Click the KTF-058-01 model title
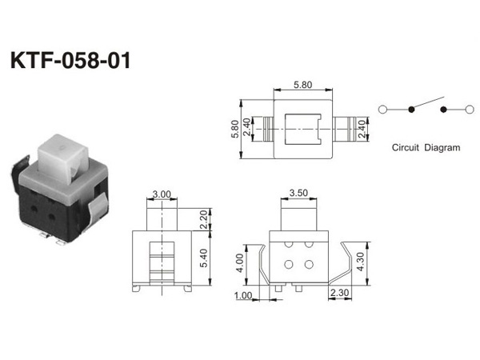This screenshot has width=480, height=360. (x=70, y=60)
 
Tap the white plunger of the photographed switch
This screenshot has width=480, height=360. (x=63, y=159)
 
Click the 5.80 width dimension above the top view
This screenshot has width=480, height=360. (x=302, y=85)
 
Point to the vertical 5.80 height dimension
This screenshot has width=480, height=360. (x=235, y=129)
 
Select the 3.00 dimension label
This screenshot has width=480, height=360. (x=162, y=194)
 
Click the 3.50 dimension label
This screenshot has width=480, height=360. (x=298, y=193)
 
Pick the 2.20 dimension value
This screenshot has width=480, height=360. (x=203, y=220)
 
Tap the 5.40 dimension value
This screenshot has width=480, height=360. (x=203, y=258)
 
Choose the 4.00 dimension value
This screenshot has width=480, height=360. (x=240, y=263)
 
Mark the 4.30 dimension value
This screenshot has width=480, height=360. (x=361, y=262)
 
